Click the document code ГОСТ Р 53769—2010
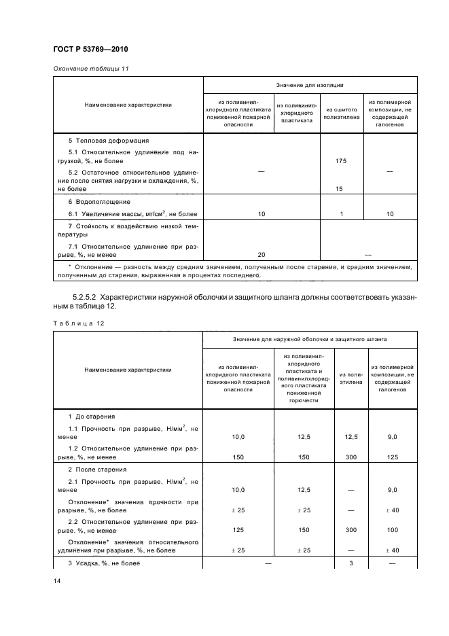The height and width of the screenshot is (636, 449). pos(90,50)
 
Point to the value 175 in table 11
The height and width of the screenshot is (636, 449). pos(342,161)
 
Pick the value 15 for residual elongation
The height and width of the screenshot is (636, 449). pos(342,190)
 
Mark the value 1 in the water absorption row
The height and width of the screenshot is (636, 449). pos(342,214)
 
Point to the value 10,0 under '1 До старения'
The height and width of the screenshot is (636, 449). pos(238,438)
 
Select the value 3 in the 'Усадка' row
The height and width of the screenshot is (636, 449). pos(351,563)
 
